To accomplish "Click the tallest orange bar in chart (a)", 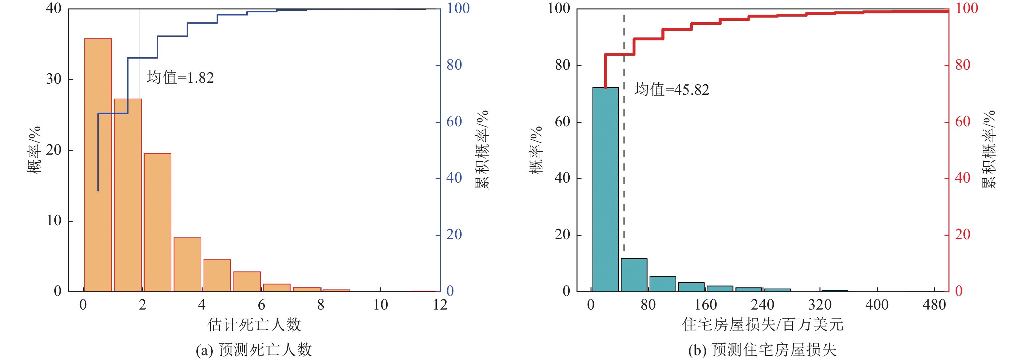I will [x=98, y=165].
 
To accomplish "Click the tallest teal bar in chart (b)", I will [x=606, y=189].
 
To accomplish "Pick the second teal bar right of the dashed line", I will [x=663, y=284].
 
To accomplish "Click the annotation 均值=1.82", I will [x=180, y=78].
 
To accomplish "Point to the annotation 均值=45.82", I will [x=672, y=90].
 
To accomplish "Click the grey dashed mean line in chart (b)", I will [x=624, y=159].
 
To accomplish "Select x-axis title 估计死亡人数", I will [x=254, y=325].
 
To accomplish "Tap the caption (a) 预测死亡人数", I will [x=254, y=350].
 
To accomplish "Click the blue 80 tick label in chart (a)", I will [x=454, y=65].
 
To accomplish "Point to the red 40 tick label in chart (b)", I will [x=963, y=178].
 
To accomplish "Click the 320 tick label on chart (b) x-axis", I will [x=820, y=305].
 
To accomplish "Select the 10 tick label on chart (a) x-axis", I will [x=380, y=305].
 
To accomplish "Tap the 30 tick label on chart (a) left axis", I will [x=54, y=79].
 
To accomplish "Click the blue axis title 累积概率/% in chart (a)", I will [x=482, y=149].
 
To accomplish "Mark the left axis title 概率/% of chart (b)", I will [x=536, y=150].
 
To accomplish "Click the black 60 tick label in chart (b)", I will [x=563, y=121].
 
